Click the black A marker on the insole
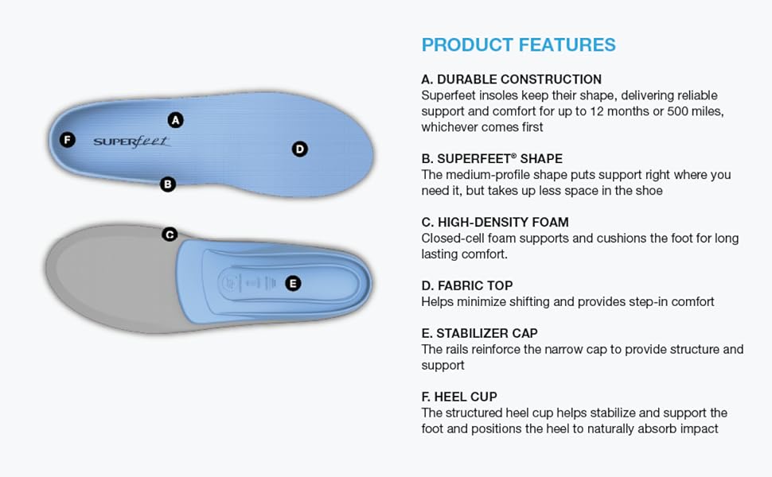(x=176, y=120)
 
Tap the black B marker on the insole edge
(x=168, y=184)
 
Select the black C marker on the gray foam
(x=170, y=235)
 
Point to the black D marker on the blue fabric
(x=300, y=149)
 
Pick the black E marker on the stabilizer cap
(x=293, y=283)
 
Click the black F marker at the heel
(x=68, y=140)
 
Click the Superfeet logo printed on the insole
(x=132, y=142)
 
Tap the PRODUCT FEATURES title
(x=518, y=45)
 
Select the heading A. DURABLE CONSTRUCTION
(x=512, y=79)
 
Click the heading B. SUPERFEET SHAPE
(x=492, y=158)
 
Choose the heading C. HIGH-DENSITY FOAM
(x=495, y=223)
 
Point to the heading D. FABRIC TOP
(x=467, y=285)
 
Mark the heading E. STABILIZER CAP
(x=480, y=333)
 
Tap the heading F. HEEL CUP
(x=459, y=397)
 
